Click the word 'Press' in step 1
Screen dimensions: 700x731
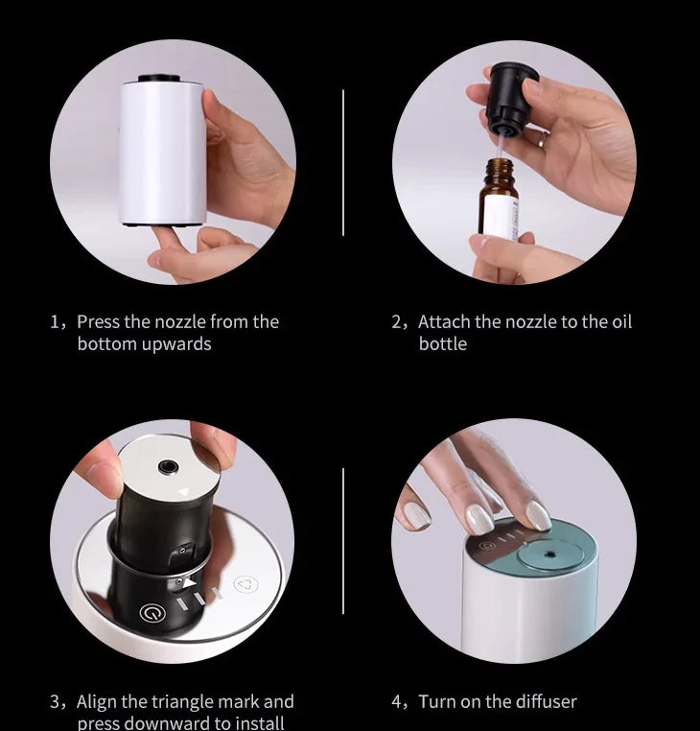(x=100, y=321)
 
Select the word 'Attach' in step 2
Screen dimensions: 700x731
(x=444, y=321)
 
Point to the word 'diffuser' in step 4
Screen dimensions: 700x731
(x=545, y=701)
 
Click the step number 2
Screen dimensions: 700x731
(x=396, y=321)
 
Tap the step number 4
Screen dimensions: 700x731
(x=396, y=701)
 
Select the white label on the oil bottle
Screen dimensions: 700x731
(x=501, y=217)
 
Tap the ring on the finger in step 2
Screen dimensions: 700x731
(x=542, y=138)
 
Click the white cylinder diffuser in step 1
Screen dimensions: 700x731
(x=162, y=152)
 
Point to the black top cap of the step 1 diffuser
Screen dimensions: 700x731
(x=159, y=79)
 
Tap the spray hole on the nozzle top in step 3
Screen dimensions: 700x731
(x=167, y=466)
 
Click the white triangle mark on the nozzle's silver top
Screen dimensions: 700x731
(x=184, y=492)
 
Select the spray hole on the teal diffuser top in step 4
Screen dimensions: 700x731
(x=551, y=554)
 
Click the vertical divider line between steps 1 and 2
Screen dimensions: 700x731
(x=343, y=162)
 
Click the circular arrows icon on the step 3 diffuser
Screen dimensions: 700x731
(x=245, y=584)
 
